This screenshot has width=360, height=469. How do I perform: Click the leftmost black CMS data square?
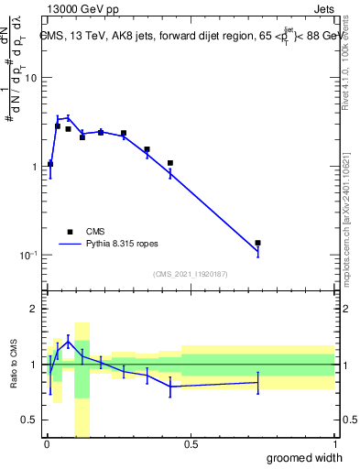click(49, 164)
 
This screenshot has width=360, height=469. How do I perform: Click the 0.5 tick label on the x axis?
click(191, 444)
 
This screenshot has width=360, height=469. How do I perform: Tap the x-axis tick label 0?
click(46, 444)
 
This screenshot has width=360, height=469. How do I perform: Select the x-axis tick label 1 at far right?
click(333, 444)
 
